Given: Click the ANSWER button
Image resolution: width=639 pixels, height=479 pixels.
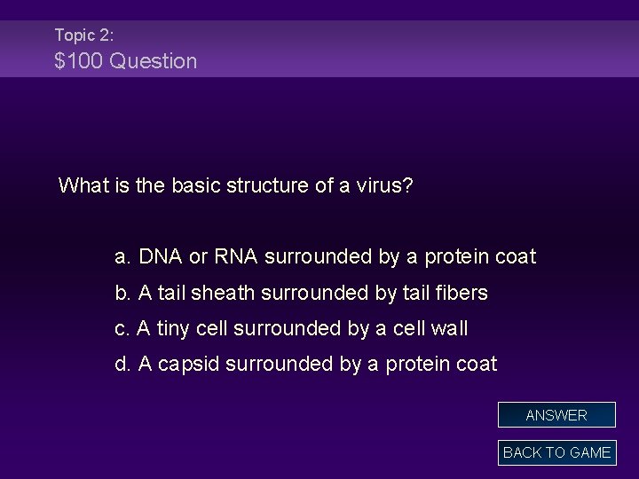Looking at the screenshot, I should (x=556, y=415).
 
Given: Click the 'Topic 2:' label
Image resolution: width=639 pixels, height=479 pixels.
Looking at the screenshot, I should (x=83, y=35).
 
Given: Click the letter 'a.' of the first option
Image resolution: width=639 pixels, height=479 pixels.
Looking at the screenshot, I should (x=123, y=257).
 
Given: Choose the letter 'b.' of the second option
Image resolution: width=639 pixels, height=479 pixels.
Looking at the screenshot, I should (x=123, y=293).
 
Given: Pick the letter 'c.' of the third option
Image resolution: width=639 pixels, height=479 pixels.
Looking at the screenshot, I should (x=123, y=328).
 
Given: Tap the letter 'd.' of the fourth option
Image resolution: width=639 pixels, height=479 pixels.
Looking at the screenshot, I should (x=123, y=364).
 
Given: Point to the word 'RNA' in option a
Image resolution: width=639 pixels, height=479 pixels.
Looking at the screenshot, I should (x=235, y=257).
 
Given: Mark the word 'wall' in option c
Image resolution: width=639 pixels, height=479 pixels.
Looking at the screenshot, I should (x=449, y=328).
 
